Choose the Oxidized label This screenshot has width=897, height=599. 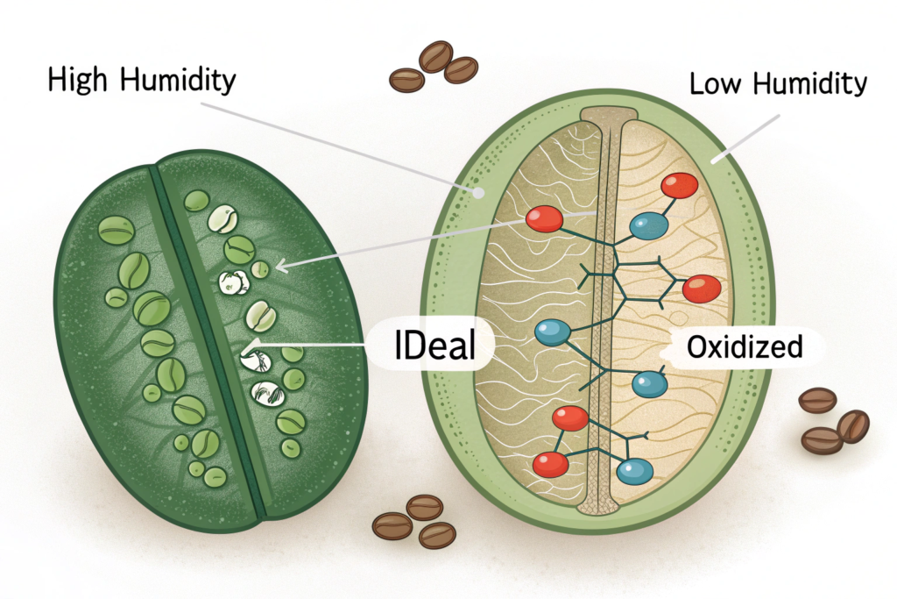click(745, 347)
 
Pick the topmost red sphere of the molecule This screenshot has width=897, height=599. click(679, 185)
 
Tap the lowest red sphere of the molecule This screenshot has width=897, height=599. click(551, 464)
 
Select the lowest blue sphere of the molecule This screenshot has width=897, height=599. click(634, 471)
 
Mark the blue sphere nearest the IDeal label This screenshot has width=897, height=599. click(553, 332)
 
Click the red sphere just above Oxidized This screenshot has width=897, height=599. click(701, 288)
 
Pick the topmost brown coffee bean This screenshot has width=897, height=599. click(435, 56)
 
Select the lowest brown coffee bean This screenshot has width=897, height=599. click(436, 534)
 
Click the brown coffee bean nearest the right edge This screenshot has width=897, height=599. click(852, 426)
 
